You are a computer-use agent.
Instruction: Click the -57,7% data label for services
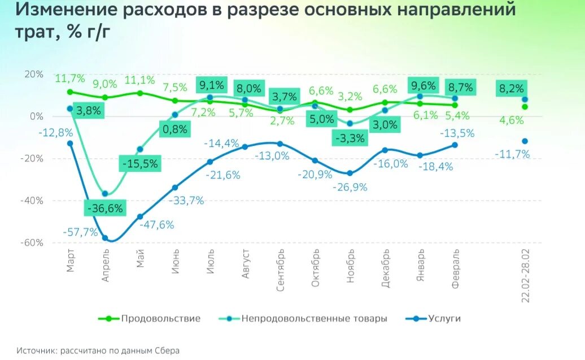pos(80,232)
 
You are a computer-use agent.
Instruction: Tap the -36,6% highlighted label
pos(105,208)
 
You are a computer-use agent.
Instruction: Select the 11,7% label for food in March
pos(70,79)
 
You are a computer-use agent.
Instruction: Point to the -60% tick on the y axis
pos(33,242)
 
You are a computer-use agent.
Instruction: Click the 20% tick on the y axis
pos(34,74)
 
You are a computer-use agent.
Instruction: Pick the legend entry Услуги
pos(444,319)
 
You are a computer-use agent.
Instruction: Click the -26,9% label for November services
pos(349,187)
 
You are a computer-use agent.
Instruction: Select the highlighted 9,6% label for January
pos(424,86)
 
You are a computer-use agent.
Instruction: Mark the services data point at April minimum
pos(105,238)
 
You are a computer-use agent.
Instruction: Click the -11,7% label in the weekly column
pos(512,154)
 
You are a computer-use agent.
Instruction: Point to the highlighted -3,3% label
pos(350,137)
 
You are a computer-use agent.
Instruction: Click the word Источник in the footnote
pos(36,351)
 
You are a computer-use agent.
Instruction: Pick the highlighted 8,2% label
pos(512,89)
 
